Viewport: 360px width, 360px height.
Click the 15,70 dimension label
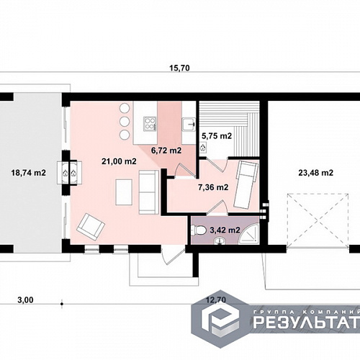[x=179, y=68]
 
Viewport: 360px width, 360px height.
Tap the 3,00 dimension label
[x=25, y=300]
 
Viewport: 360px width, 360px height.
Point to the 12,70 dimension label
[x=216, y=300]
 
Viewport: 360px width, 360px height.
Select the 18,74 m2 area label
[x=29, y=173]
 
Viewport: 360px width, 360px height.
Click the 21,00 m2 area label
[x=119, y=161]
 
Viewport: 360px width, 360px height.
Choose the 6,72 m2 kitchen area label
[x=166, y=150]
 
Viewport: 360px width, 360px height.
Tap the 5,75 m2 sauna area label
[x=217, y=136]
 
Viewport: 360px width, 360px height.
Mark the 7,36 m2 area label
[x=213, y=187]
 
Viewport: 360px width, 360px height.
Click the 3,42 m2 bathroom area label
[x=225, y=230]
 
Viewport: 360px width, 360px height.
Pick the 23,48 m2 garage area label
[x=316, y=173]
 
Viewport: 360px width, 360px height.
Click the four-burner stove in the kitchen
[x=150, y=123]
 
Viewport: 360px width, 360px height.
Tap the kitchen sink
[x=189, y=125]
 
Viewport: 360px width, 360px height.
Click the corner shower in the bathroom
[x=250, y=234]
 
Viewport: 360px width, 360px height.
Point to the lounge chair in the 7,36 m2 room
[x=246, y=184]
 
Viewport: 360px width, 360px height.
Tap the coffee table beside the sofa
[x=124, y=192]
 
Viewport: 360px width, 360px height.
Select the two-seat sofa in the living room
[x=149, y=192]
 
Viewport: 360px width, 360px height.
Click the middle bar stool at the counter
[x=125, y=122]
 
